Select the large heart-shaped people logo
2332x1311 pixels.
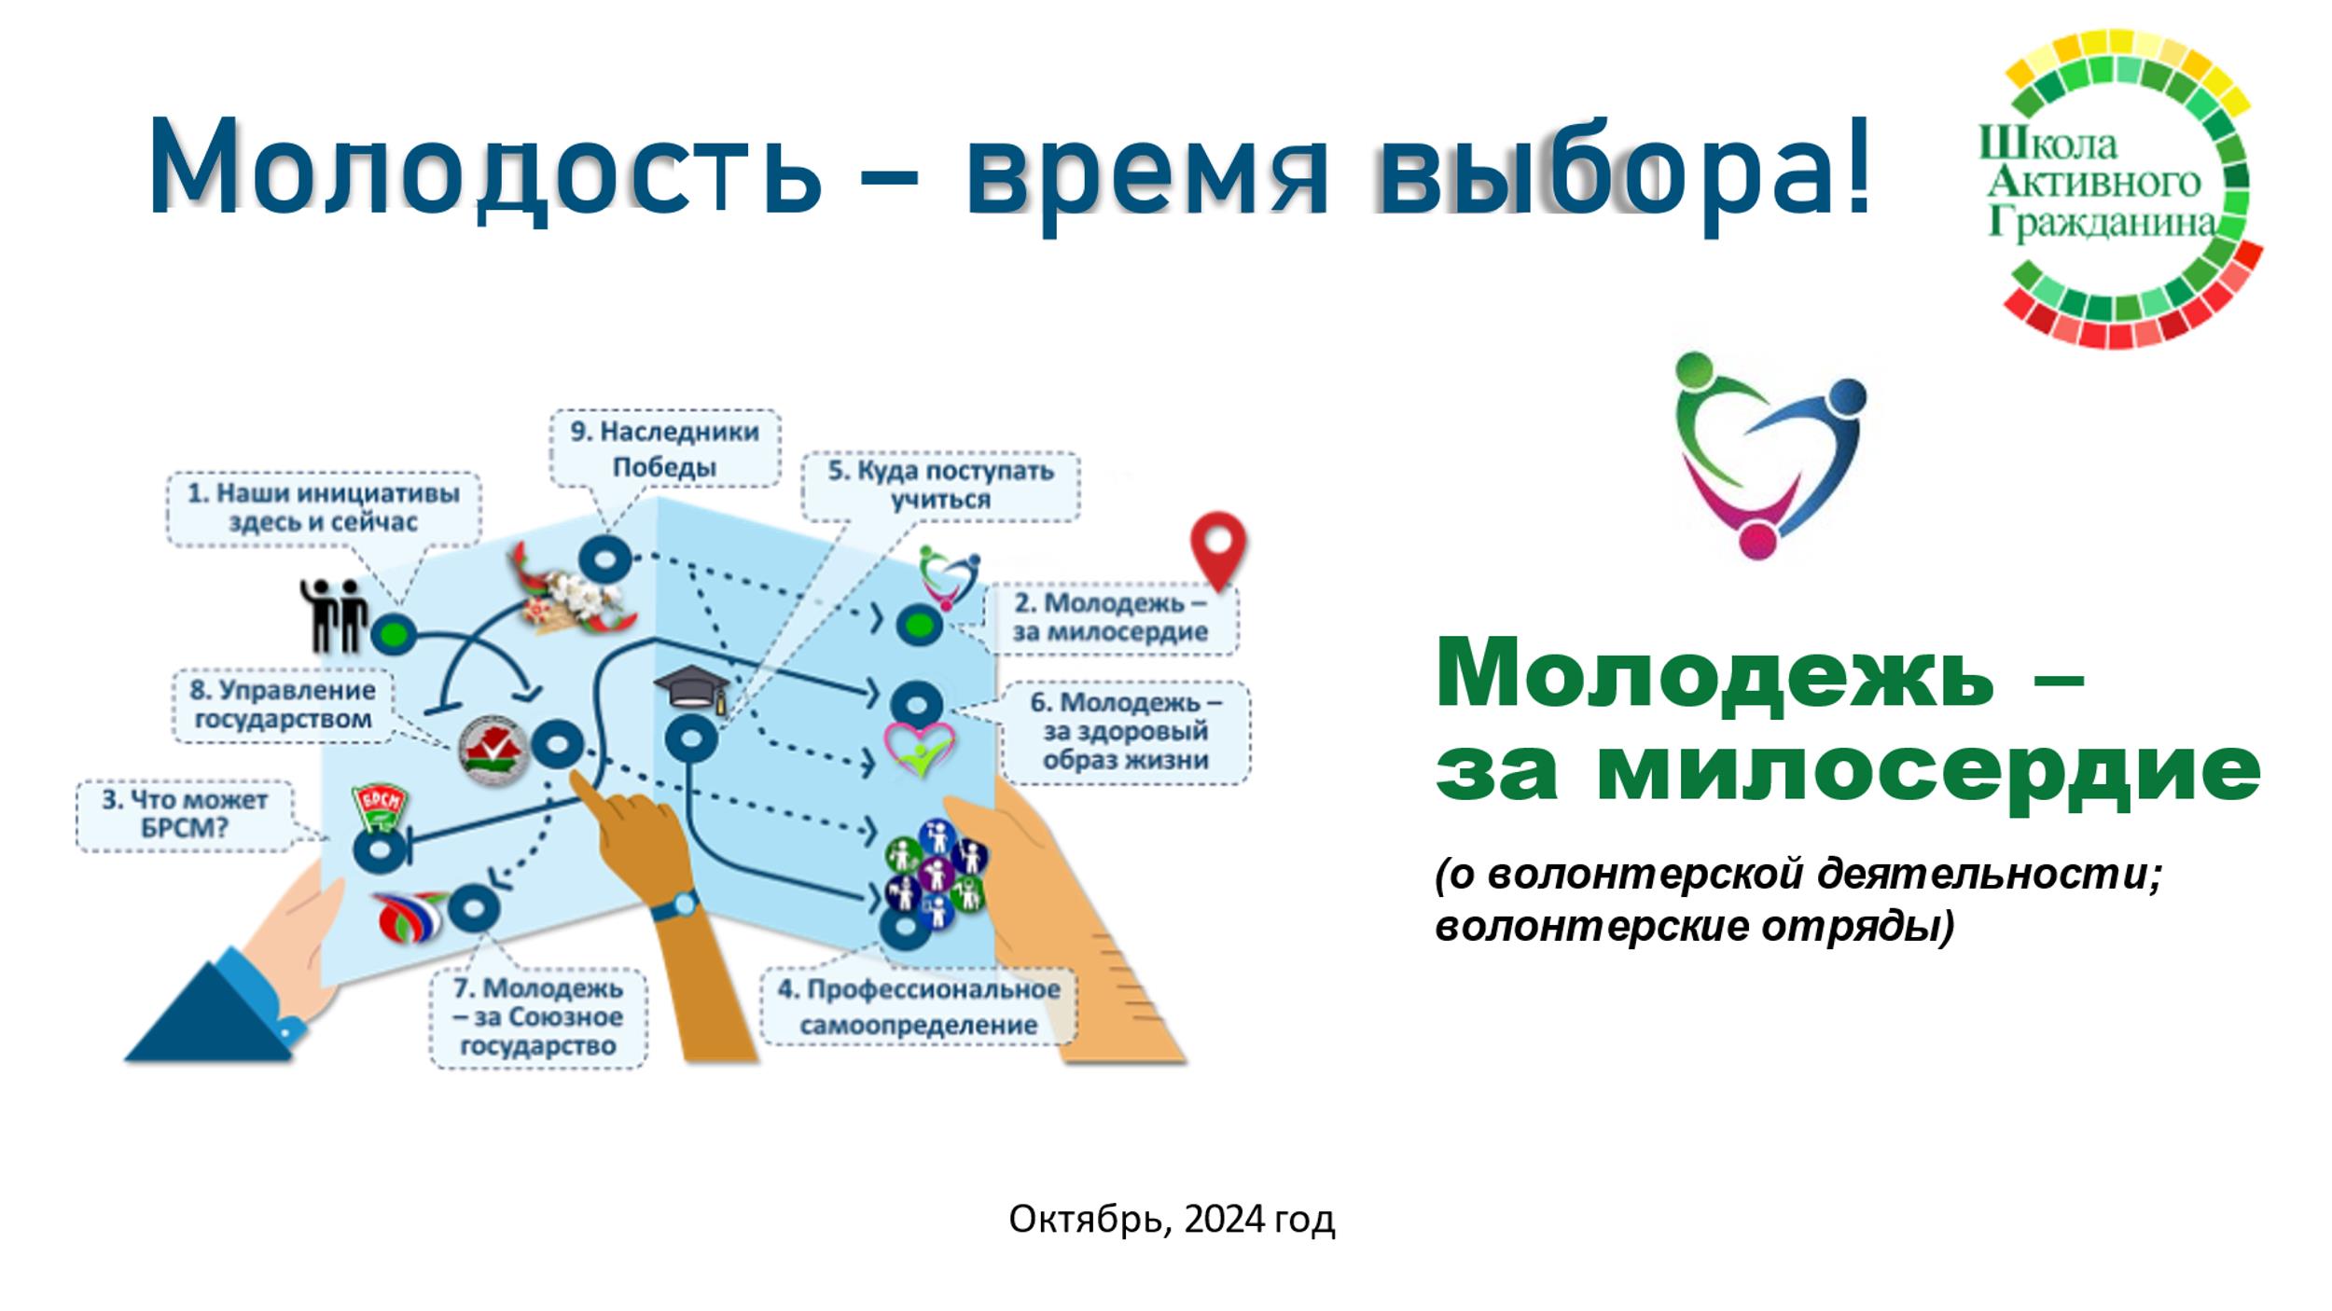[1770, 455]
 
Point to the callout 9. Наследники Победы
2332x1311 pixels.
[665, 448]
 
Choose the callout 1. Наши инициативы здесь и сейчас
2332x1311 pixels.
[324, 507]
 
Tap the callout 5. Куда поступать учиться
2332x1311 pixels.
[940, 485]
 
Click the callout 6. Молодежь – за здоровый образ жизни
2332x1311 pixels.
[1125, 731]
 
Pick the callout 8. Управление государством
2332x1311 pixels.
[283, 705]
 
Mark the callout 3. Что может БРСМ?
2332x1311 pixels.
[184, 814]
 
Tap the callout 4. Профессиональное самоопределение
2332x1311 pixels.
[919, 1006]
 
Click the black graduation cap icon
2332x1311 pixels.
[691, 691]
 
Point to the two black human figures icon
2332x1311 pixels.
[332, 614]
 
